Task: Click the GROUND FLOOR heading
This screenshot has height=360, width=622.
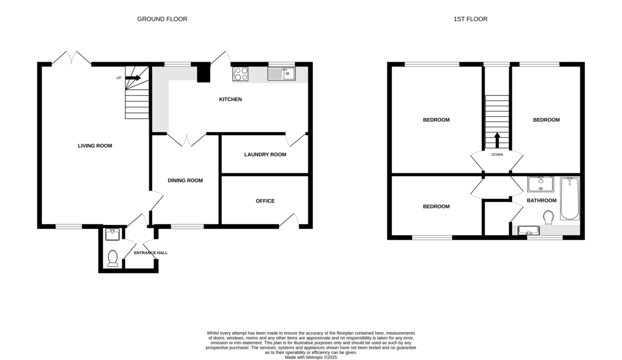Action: coord(162,19)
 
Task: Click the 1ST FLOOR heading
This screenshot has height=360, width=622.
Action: coord(471,19)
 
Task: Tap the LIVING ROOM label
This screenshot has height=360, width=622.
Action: coord(95,146)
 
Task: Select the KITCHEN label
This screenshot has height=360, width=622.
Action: coord(231,99)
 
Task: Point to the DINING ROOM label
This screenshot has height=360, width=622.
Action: coord(185,180)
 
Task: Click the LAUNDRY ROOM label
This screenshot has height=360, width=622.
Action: coord(265,154)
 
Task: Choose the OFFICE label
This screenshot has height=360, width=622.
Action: coord(265,201)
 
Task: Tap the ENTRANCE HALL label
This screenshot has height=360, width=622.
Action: coord(151,253)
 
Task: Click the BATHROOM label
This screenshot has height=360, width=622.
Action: coord(542,200)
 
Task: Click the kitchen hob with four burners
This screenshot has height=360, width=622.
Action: coord(241,74)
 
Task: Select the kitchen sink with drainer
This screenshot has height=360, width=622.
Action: coord(281,74)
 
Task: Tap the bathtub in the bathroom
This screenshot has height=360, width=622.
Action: coord(570,198)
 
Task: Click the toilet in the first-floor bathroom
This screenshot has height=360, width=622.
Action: coord(548,218)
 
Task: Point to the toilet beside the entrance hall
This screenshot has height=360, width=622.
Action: coord(113,258)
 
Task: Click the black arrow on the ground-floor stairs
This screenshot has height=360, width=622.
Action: coord(133,78)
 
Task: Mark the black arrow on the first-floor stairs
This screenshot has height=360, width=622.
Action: coord(497,140)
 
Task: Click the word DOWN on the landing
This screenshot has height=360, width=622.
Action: coord(497,154)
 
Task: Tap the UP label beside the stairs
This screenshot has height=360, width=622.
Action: coord(119,78)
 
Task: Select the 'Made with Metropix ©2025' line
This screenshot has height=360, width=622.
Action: coord(311,357)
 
